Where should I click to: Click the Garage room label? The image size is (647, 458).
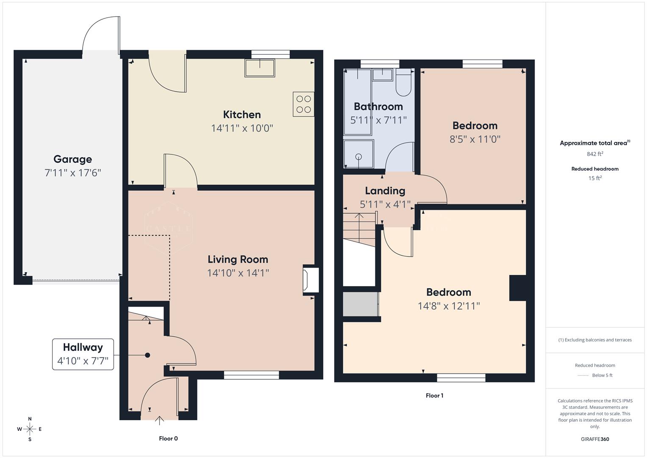pos(72,159)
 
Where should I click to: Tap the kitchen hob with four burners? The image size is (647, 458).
pos(303,104)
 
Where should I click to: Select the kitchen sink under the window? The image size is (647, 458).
pos(259,68)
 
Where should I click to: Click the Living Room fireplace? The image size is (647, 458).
pos(310,280)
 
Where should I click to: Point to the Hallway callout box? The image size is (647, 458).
pos(83,354)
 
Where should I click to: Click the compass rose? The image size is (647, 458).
pos(30,429)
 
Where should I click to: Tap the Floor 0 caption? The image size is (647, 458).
pos(168,438)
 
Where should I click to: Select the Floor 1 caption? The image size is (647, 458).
pos(434,396)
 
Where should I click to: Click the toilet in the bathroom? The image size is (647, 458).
pos(403,84)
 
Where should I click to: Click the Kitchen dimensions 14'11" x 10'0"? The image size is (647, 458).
pos(242,128)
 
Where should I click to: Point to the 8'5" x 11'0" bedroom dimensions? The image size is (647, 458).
pos(475,139)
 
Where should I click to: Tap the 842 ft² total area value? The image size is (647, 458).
pos(595,154)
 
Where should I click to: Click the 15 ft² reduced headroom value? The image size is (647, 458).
pos(595,178)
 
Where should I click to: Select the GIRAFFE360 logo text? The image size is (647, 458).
pos(595,439)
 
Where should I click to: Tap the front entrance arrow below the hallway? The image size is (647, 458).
pos(160,420)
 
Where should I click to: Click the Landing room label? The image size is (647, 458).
pos(385,191)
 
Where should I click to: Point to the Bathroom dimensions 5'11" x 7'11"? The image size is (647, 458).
pos(378,120)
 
